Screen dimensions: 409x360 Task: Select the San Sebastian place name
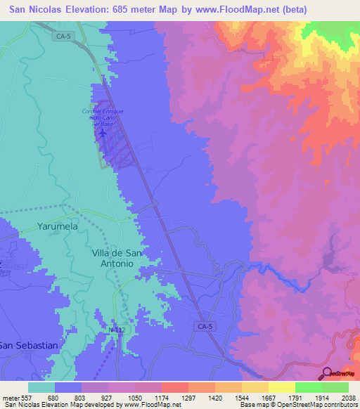click(28, 345)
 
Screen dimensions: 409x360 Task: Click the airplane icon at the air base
click(103, 132)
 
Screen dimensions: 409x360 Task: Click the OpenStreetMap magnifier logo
click(326, 373)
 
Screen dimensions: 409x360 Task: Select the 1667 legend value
click(258, 397)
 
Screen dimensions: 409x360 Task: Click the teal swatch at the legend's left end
click(41, 387)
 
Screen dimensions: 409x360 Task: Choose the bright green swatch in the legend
click(309, 387)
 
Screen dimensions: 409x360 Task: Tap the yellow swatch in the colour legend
click(282, 387)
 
